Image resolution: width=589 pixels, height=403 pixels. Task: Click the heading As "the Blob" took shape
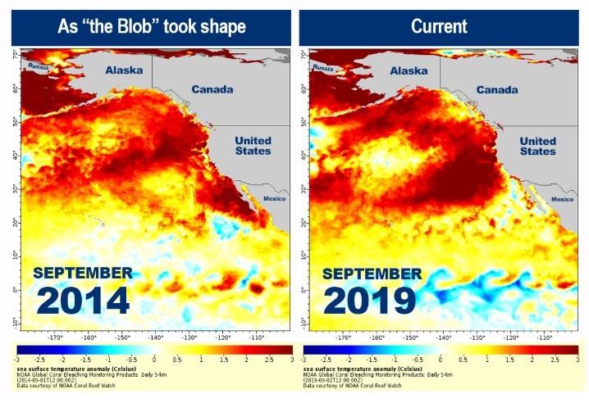pos(153,25)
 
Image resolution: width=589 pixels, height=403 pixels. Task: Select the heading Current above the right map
pos(439,25)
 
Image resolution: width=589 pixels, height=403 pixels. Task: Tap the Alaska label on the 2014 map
pos(124,71)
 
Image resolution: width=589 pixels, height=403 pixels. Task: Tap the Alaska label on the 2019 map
pos(409,71)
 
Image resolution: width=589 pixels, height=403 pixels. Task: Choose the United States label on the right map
pos(537,146)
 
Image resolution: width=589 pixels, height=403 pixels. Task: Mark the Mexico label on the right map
pos(562,199)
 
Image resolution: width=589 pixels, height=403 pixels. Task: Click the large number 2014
pos(83,300)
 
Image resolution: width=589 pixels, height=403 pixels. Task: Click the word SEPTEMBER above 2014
pos(83,273)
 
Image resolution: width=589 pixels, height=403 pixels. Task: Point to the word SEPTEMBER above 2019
pos(371,273)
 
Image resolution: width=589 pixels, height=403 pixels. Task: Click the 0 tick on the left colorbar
pos(155,360)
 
